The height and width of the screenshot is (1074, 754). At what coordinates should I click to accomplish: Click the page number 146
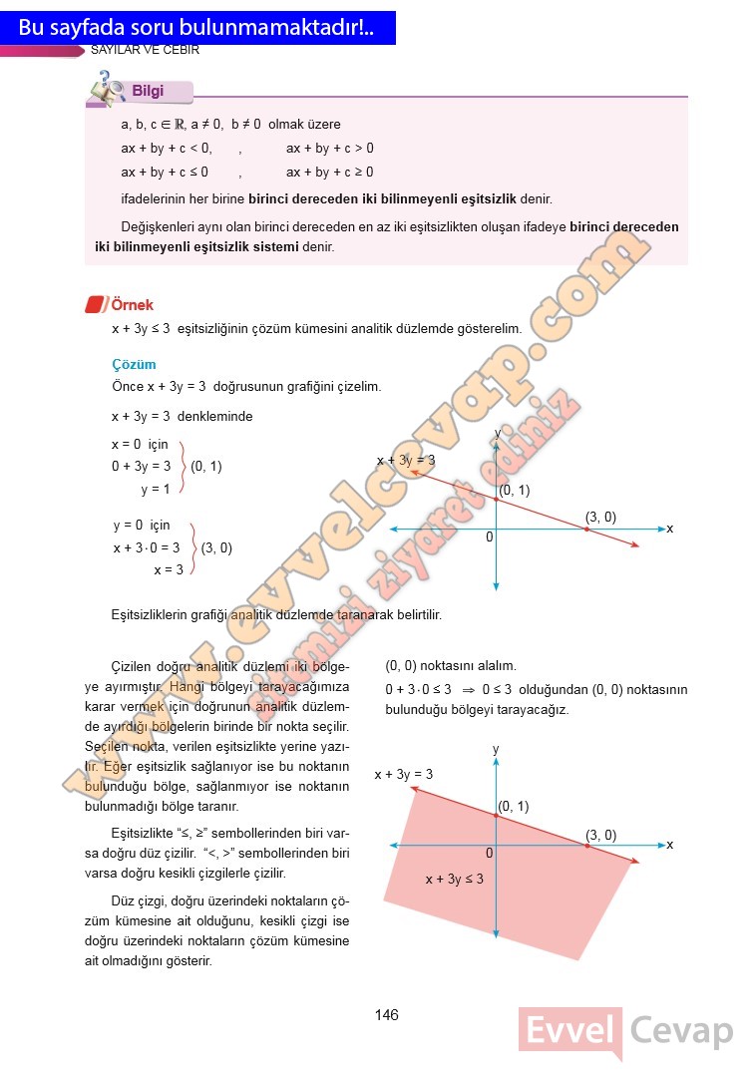[x=387, y=1015]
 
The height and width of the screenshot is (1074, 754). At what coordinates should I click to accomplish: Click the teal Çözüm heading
[x=134, y=365]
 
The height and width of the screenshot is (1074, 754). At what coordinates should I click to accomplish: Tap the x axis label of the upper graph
[x=670, y=528]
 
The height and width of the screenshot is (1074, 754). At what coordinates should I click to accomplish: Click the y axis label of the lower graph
[x=496, y=748]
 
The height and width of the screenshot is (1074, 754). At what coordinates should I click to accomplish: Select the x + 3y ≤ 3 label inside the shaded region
[x=454, y=879]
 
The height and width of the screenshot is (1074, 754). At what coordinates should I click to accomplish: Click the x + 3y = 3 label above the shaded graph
[x=404, y=774]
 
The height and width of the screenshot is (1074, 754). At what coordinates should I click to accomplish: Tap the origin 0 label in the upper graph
[x=490, y=537]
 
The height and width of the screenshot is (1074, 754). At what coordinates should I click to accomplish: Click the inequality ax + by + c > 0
[x=330, y=149]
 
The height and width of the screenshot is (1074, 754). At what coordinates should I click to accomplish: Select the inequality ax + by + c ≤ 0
[x=165, y=172]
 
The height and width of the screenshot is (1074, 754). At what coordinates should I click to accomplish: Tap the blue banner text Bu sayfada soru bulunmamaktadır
[x=196, y=28]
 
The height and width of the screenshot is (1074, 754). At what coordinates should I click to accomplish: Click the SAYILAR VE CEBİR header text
[x=146, y=50]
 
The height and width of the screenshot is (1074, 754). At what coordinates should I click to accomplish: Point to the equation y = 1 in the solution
[x=156, y=489]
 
